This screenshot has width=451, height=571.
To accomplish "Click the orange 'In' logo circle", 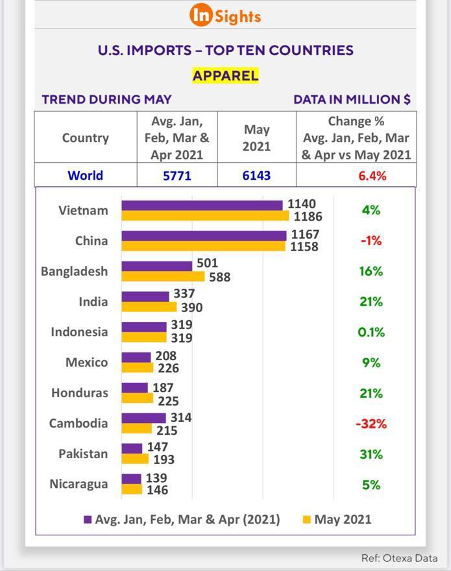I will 201,15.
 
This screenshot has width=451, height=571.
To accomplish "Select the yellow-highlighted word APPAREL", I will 225,75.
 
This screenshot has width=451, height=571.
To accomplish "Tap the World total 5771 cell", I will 177,175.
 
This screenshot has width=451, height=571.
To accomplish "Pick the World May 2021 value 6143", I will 256,175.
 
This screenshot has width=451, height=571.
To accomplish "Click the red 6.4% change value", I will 373,176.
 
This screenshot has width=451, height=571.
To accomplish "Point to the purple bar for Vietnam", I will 202,205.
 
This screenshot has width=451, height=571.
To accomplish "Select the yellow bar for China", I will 203,247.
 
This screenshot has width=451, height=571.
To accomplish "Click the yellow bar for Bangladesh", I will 163,277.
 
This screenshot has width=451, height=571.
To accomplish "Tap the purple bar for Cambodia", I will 143,418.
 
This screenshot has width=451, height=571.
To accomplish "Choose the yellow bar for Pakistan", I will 135,459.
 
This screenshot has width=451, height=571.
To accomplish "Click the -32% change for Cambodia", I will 371,424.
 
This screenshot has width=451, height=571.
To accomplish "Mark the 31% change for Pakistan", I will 371,454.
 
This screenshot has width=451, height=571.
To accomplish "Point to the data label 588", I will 219,277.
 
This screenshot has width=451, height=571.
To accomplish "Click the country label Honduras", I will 79,393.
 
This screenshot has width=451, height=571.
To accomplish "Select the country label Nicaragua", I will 79,484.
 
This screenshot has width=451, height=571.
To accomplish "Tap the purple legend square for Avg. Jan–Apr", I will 88,520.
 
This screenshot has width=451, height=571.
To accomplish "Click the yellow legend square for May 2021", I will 307,520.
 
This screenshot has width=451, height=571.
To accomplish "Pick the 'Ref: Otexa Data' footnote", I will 399,558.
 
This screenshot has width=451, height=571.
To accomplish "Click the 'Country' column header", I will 85,138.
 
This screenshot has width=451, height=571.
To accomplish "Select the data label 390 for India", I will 191,308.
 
